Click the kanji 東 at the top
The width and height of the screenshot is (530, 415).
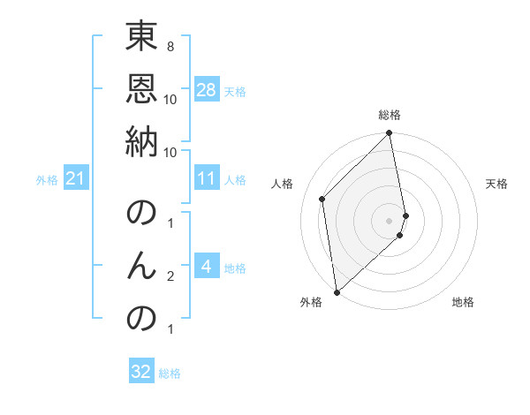tap(142, 38)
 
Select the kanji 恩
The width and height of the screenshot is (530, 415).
tap(142, 90)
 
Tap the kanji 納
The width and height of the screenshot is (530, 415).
tap(142, 142)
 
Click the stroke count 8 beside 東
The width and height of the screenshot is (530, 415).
tap(170, 47)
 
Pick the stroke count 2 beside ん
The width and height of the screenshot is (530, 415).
tap(170, 277)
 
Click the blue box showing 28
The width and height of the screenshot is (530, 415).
tap(207, 90)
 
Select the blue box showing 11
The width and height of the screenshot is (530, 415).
tap(207, 178)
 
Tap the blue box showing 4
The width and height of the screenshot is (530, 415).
tap(206, 267)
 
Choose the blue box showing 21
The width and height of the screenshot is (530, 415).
tap(75, 179)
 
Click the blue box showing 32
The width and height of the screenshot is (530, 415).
tap(141, 372)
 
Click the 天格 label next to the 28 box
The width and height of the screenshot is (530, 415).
tap(235, 91)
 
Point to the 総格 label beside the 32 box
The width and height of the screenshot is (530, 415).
tap(170, 373)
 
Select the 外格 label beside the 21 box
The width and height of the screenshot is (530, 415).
tap(47, 180)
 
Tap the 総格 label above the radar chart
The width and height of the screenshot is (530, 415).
tap(390, 115)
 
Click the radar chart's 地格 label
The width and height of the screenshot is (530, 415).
tap(463, 302)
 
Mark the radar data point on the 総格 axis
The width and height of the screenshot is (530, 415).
tap(390, 134)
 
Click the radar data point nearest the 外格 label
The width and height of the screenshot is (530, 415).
tap(337, 291)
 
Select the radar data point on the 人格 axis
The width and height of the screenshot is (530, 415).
tap(322, 199)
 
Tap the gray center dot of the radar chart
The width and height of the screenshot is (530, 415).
tap(390, 220)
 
